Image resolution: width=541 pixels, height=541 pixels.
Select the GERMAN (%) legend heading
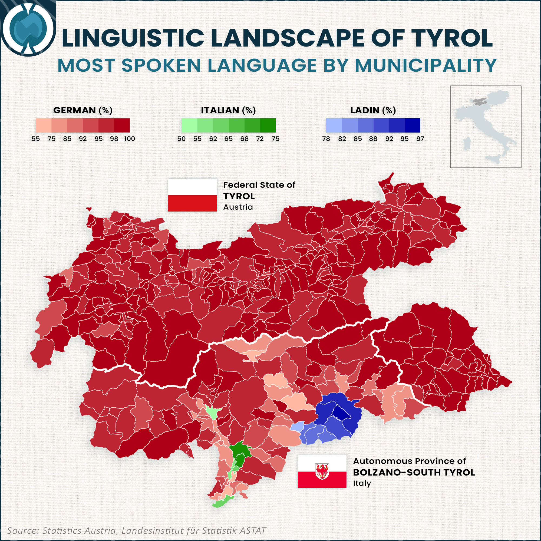tap(83, 110)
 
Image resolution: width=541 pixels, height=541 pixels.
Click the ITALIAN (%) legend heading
tap(228, 110)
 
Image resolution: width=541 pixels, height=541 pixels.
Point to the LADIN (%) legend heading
tap(373, 110)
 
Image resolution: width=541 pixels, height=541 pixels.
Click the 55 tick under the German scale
tap(35, 139)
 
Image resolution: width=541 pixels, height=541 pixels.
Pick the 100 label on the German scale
tap(129, 139)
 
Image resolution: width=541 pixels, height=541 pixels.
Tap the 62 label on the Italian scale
tap(213, 139)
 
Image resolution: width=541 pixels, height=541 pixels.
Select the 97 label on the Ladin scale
tap(420, 139)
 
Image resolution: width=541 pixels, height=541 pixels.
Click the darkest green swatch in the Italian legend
tap(268, 125)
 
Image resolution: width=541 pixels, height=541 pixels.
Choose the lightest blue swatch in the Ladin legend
tap(334, 125)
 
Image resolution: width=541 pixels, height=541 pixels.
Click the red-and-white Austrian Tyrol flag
tap(192, 195)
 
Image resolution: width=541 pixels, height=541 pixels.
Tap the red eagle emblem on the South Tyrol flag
tap(322, 471)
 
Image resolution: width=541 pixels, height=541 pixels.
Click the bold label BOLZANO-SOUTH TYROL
tap(414, 472)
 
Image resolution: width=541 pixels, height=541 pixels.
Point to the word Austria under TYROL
tap(238, 207)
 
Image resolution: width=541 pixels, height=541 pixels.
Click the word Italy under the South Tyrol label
tap(362, 483)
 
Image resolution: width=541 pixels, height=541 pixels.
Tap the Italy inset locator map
tap(485, 127)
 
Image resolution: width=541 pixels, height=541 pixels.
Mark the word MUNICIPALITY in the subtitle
tap(425, 65)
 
